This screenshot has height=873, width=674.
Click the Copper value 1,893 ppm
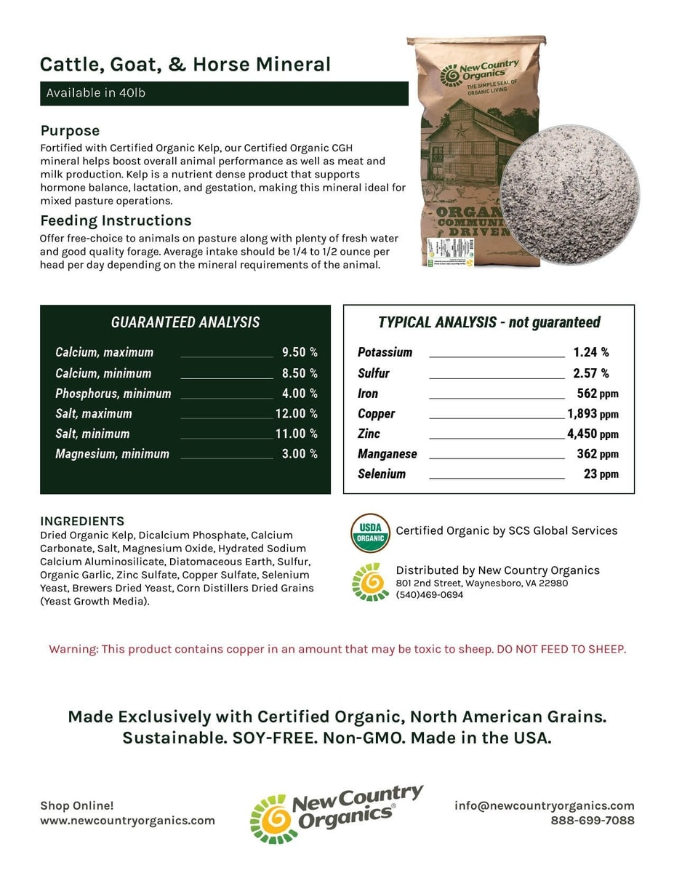tap(593, 414)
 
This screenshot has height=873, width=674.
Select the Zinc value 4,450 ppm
tap(593, 434)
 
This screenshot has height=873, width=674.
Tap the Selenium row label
tap(382, 474)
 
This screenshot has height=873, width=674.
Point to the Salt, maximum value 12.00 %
tap(296, 413)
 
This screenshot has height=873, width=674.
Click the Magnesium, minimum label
tap(112, 454)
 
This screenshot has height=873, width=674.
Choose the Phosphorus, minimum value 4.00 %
tap(300, 394)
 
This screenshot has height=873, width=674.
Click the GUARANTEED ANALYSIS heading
tap(185, 322)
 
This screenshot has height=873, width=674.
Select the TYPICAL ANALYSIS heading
tap(489, 322)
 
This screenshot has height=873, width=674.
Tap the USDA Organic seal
tap(370, 533)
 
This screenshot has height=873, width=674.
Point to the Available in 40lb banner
tap(224, 93)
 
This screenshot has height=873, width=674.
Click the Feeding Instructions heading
tap(116, 220)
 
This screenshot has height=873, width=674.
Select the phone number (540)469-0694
tap(429, 594)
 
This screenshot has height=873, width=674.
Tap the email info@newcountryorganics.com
tap(544, 805)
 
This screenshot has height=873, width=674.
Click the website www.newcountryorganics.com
tap(127, 820)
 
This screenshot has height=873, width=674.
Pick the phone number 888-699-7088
tap(592, 820)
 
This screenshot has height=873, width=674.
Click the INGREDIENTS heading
tap(82, 521)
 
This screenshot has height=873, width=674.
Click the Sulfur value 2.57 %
tap(590, 373)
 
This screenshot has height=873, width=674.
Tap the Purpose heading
tap(70, 131)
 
